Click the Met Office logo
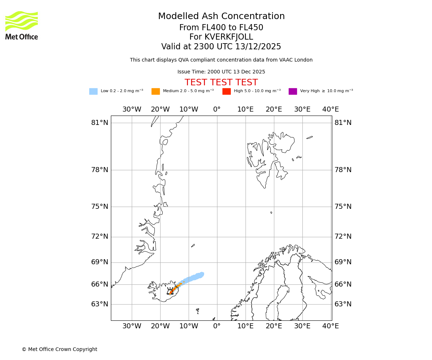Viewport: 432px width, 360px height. click(22, 25)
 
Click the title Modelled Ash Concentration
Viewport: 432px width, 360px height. click(221, 17)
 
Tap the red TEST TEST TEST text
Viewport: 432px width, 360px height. click(221, 83)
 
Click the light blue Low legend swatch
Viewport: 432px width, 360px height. click(93, 91)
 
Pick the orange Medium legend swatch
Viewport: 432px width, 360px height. click(156, 91)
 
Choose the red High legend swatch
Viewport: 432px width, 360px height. click(226, 91)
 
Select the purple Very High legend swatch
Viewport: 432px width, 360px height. click(293, 91)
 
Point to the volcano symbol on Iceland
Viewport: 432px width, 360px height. click(170, 291)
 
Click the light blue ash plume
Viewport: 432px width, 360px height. click(193, 278)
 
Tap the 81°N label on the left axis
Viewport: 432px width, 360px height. click(100, 123)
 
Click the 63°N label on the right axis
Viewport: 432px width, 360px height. click(343, 304)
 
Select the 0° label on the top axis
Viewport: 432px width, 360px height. click(217, 109)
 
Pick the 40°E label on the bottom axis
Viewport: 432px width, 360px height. click(330, 326)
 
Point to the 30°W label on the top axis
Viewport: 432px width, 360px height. click(132, 109)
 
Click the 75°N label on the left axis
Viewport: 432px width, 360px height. click(100, 207)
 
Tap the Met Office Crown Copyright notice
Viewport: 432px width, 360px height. click(59, 350)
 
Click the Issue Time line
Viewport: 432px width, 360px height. click(221, 72)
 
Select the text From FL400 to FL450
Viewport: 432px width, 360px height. click(221, 28)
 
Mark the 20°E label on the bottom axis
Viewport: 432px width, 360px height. click(274, 326)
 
